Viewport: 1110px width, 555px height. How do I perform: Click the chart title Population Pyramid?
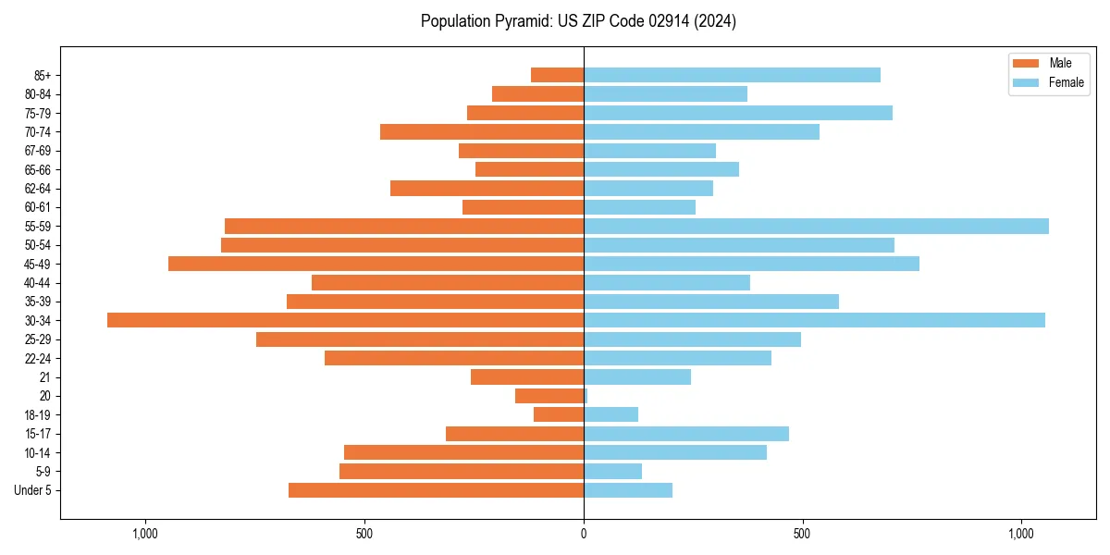[x=578, y=21]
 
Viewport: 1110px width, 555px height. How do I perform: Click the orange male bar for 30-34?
[x=345, y=320]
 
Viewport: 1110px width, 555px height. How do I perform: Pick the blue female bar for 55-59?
[x=816, y=226]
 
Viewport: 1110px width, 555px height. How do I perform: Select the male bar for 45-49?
[x=376, y=264]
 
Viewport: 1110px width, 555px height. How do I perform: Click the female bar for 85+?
[x=732, y=75]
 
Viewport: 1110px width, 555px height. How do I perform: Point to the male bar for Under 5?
[x=436, y=490]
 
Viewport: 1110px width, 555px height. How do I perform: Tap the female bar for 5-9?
[x=612, y=471]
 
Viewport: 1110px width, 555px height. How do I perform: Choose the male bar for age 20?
[x=549, y=396]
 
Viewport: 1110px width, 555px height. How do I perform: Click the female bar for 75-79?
[x=738, y=113]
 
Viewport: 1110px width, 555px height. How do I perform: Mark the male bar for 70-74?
[x=482, y=131]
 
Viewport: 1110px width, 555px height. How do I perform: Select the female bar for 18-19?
[x=610, y=414]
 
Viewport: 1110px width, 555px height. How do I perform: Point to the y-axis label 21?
[x=44, y=377]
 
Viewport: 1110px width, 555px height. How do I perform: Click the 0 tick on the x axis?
[x=584, y=534]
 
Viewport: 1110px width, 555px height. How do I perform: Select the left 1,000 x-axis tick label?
[x=145, y=534]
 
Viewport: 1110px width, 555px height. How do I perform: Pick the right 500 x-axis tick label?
[x=802, y=534]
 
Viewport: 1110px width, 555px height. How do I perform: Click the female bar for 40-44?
[x=667, y=282]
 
